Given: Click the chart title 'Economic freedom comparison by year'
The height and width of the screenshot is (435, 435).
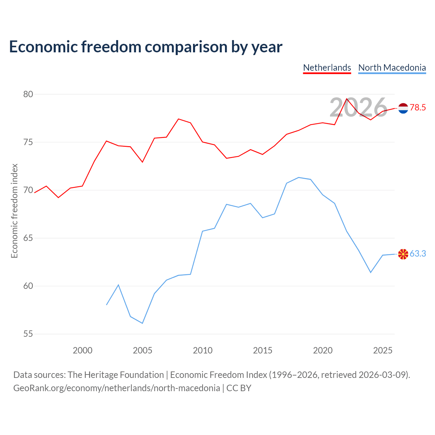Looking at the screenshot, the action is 145,47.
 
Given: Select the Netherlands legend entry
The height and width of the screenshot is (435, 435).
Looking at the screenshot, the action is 327,68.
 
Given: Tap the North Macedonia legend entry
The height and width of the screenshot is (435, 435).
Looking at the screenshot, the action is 392,68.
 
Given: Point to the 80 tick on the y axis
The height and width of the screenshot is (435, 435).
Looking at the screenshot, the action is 28,94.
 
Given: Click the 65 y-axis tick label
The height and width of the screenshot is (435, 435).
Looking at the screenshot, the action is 28,238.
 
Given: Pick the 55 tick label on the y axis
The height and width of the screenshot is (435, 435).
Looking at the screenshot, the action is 28,334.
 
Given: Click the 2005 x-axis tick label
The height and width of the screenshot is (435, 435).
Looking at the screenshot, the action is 142,350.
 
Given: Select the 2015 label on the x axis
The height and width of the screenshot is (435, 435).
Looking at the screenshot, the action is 263,350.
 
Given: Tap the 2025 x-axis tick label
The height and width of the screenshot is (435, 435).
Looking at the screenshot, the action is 383,350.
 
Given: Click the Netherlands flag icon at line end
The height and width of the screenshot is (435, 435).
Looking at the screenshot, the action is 403,108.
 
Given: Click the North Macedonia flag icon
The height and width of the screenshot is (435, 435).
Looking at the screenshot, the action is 403,254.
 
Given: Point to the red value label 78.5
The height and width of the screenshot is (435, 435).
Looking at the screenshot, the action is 418,107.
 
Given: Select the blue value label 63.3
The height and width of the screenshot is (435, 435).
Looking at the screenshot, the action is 418,254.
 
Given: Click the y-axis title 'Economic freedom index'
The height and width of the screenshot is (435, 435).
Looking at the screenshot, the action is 15,211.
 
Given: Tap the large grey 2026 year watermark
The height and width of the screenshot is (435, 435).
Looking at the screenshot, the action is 359,107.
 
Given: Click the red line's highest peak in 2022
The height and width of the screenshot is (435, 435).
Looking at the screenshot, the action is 347,99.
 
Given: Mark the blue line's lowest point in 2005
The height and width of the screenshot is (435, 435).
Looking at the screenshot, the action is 142,323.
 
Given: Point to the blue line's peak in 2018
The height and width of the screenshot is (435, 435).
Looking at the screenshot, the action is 299,177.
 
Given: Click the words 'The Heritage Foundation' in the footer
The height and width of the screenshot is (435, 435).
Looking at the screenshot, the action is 116,375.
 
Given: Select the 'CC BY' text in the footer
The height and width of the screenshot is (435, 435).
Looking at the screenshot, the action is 239,388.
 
